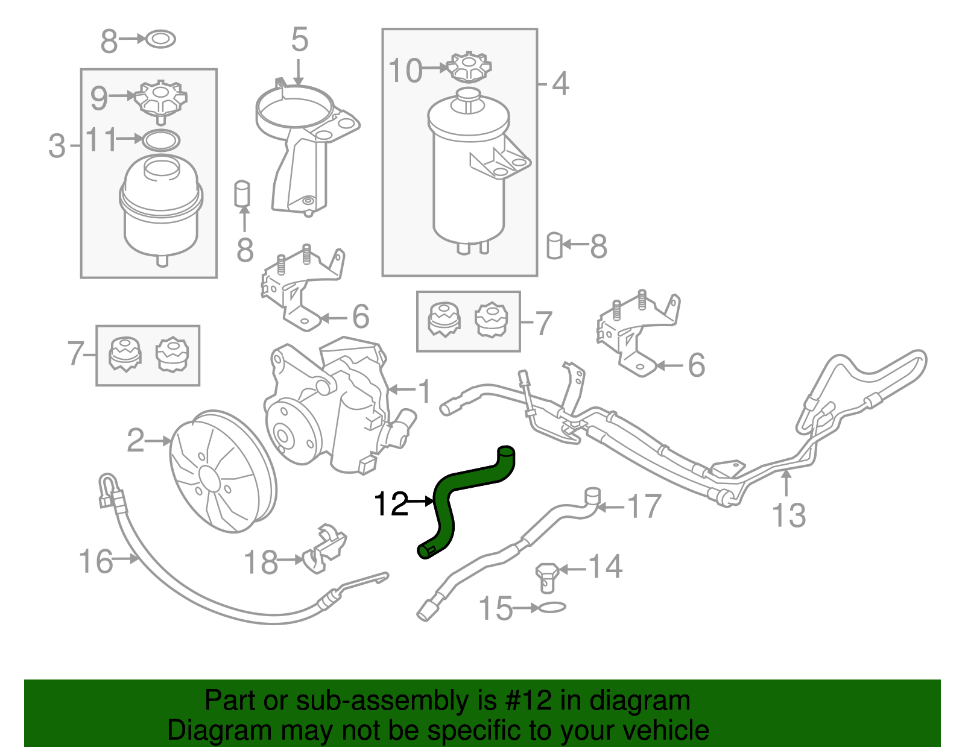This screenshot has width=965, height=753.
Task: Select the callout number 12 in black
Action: tap(391, 503)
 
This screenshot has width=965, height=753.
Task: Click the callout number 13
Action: tap(788, 515)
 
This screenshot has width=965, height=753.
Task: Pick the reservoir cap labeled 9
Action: tap(160, 100)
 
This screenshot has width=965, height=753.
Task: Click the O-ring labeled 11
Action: tap(161, 140)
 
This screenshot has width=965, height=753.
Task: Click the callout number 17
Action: tap(644, 506)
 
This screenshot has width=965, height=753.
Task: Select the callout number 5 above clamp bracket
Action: tap(300, 40)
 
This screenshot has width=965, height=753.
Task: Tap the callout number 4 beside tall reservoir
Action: tap(560, 84)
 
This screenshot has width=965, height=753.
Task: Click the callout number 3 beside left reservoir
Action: tap(57, 146)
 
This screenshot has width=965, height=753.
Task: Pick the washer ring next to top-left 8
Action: tap(161, 40)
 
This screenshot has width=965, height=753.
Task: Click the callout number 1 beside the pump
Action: tap(425, 392)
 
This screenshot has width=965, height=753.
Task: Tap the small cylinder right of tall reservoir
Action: tap(554, 245)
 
